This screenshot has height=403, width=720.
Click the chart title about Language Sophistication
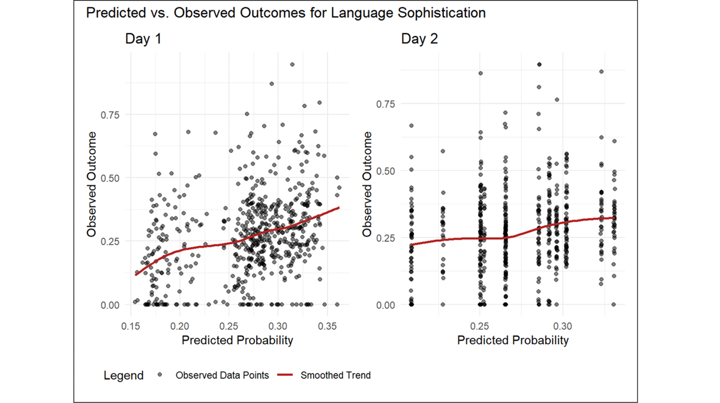click(x=286, y=13)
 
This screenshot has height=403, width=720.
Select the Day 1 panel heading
click(x=143, y=40)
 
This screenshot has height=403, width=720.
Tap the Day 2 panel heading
click(x=419, y=40)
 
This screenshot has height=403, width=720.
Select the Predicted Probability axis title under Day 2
click(x=513, y=341)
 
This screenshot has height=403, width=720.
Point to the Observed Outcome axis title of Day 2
click(x=368, y=184)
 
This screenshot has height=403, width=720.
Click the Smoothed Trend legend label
click(x=335, y=375)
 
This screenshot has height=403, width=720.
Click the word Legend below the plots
click(x=124, y=376)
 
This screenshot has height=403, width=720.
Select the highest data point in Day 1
click(x=292, y=65)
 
